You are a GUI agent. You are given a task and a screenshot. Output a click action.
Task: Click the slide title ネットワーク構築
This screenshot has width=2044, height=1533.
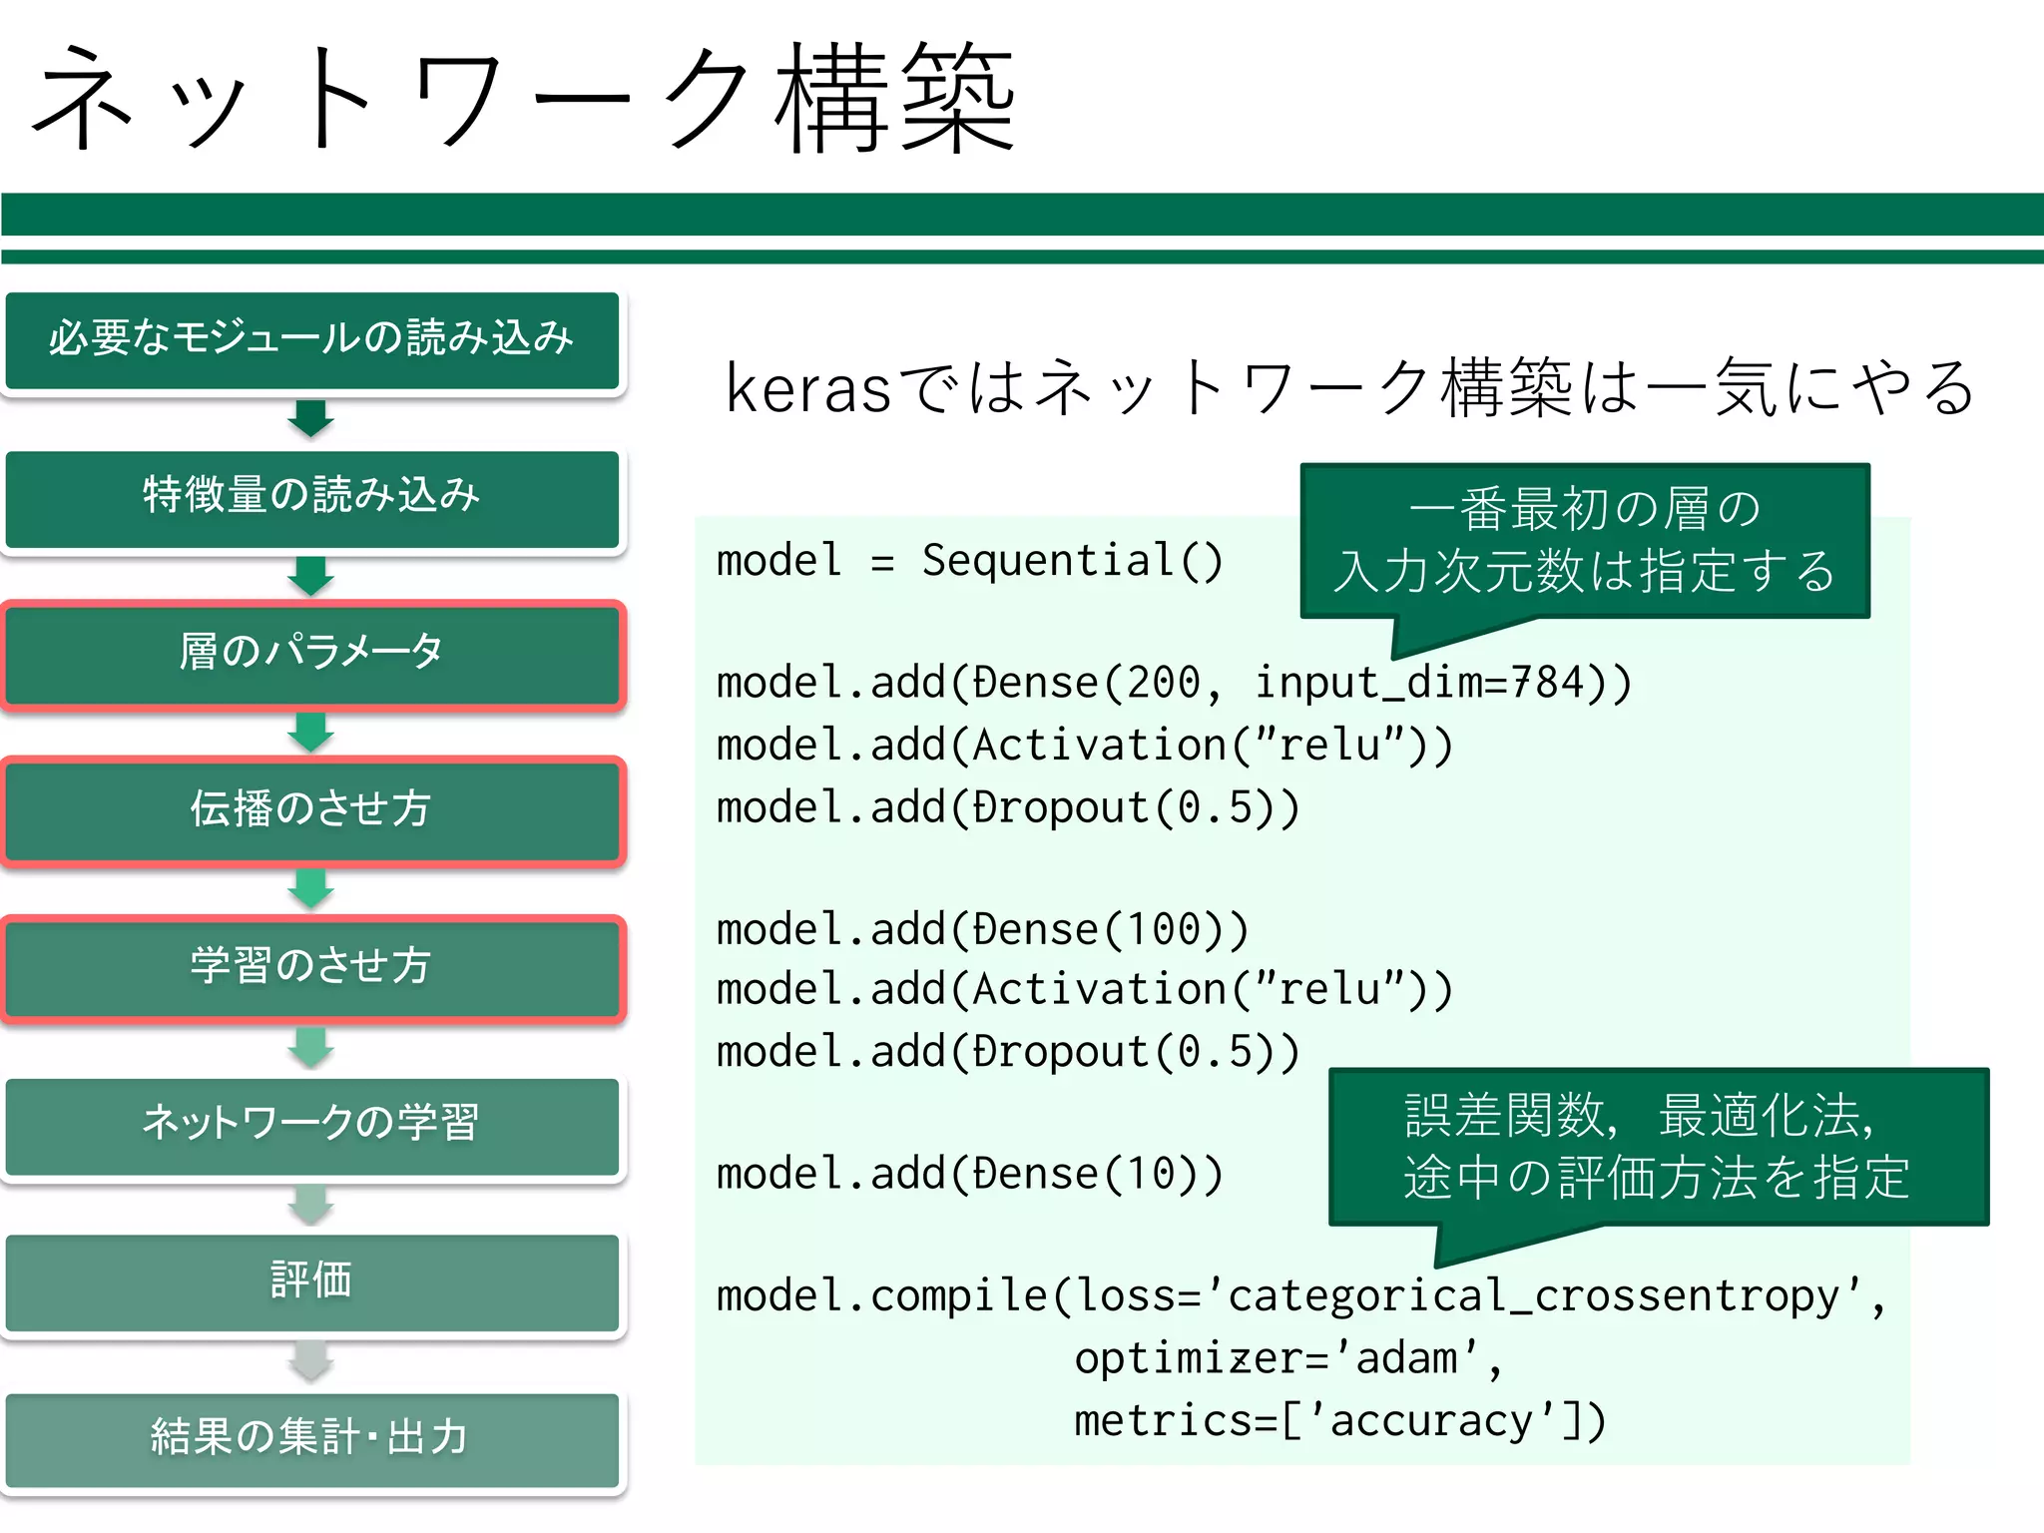tap(524, 100)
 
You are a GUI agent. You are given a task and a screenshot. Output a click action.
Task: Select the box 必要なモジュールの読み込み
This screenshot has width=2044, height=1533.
tap(311, 339)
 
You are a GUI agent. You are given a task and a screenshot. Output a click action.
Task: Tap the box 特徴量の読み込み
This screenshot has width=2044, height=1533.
tap(311, 497)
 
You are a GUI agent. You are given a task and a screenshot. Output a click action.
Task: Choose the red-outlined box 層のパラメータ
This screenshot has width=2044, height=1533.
tap(311, 654)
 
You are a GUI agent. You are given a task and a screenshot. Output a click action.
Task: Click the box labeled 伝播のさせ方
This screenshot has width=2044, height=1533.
tap(311, 810)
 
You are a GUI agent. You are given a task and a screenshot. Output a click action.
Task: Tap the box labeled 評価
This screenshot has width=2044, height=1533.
tap(311, 1281)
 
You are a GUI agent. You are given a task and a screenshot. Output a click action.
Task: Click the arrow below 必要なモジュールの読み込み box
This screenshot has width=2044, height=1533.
tap(311, 418)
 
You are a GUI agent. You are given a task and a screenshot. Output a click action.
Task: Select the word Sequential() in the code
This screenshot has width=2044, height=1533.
tap(1072, 561)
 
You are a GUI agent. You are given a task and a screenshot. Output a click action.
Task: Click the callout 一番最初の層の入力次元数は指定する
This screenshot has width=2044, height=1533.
tap(1585, 541)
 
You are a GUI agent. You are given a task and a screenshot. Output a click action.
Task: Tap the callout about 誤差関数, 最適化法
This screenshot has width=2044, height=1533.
tap(1658, 1146)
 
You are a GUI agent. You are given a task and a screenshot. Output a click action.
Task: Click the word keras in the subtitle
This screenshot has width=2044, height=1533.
tap(807, 389)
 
